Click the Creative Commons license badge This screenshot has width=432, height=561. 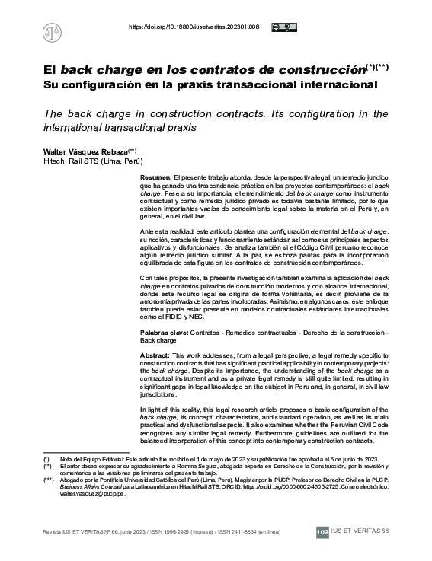tap(282, 27)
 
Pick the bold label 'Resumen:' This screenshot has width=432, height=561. tap(156, 176)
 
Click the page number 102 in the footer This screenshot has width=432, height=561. tap(322, 531)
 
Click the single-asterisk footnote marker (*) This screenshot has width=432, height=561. tap(46, 461)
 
